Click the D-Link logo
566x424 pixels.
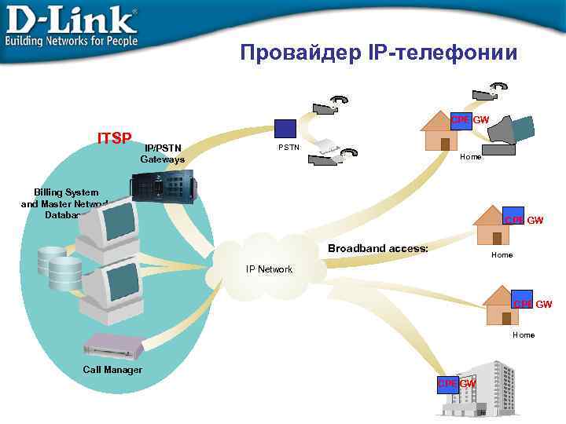[x=72, y=25]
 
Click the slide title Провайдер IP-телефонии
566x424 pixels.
[x=379, y=53]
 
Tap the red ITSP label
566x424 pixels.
[x=114, y=139]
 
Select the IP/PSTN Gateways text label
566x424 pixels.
[x=163, y=153]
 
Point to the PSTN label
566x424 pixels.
[x=289, y=147]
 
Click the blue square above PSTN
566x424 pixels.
[x=285, y=130]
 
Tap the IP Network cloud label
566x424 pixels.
[x=269, y=269]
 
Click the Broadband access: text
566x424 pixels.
[x=378, y=248]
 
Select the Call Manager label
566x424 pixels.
[x=112, y=370]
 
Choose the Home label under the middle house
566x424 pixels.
[x=502, y=254]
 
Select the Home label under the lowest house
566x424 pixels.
[x=524, y=334]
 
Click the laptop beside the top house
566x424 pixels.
[x=510, y=135]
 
